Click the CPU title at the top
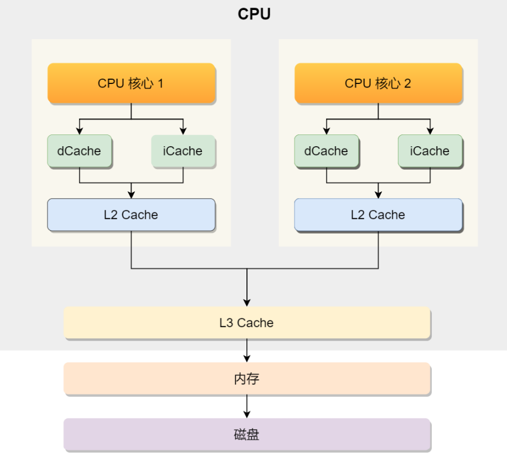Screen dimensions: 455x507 [x=254, y=14]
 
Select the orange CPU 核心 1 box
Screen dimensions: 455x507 [x=131, y=83]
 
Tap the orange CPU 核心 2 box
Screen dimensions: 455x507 [x=378, y=83]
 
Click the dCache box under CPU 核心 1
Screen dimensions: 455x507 [x=79, y=151]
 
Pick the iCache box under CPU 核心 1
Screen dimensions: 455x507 [x=183, y=151]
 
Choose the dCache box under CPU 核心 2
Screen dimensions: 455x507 [x=326, y=151]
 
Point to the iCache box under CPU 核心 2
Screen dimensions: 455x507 [x=430, y=151]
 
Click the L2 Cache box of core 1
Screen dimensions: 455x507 [x=131, y=215]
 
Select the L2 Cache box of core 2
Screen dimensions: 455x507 [x=378, y=215]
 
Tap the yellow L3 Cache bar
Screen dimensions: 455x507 [x=246, y=323]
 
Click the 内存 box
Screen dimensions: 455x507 [x=246, y=379]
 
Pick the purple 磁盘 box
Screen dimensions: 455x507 [x=246, y=435]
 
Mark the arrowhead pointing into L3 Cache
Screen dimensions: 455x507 [x=247, y=302]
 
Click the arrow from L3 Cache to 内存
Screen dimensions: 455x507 [x=247, y=350]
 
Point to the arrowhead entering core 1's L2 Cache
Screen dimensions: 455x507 [x=131, y=194]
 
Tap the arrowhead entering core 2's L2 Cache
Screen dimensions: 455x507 [x=378, y=194]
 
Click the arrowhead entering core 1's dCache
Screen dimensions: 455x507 [x=79, y=130]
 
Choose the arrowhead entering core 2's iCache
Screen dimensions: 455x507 [x=430, y=130]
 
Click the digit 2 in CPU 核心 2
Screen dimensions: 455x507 [x=407, y=83]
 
